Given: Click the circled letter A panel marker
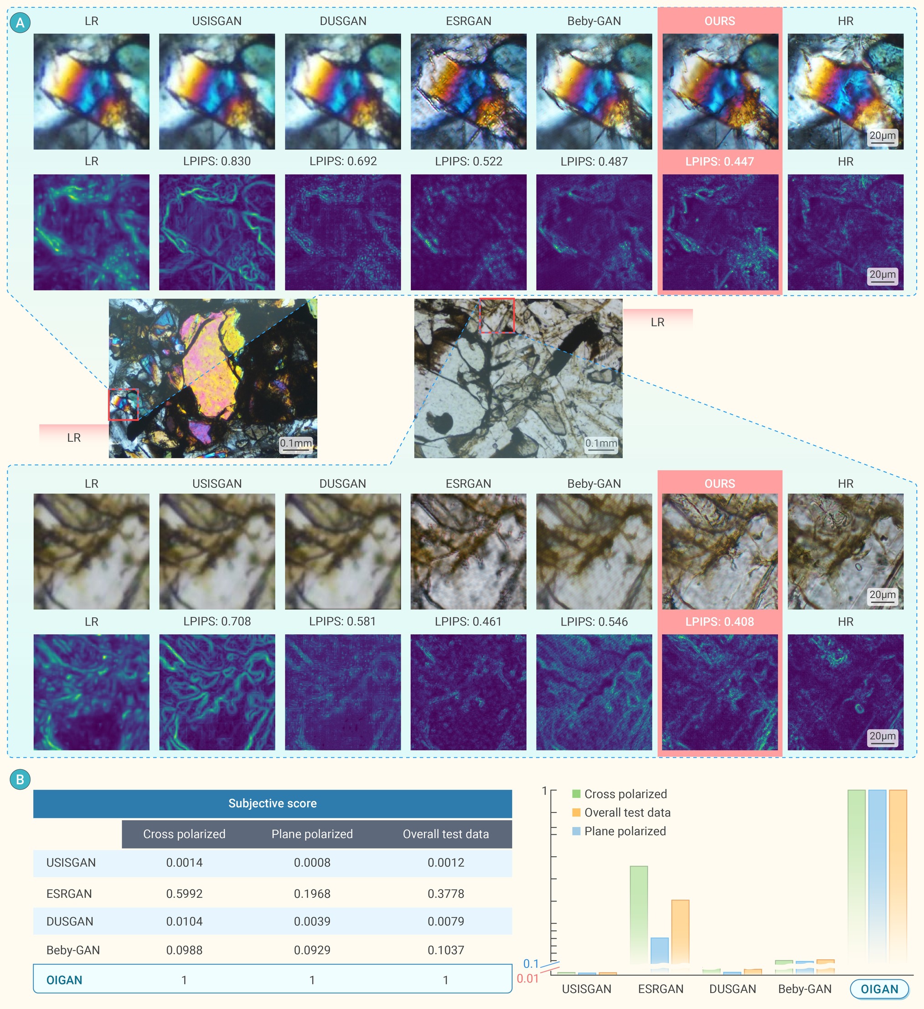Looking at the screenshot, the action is [x=20, y=22].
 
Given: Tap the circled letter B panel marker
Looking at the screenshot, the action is [x=20, y=779].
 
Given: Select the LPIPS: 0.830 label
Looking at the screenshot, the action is [x=217, y=161].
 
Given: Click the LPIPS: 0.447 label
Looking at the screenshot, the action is [x=719, y=161].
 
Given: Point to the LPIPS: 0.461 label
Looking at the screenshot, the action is [x=468, y=621].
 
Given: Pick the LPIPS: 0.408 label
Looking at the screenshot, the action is [x=719, y=621].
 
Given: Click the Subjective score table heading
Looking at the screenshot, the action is [x=273, y=803].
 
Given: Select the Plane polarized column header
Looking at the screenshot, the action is [x=312, y=834].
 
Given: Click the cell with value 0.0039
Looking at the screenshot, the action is [x=312, y=921].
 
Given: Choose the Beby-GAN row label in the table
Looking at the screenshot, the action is [x=73, y=950].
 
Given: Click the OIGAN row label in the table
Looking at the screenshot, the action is [x=64, y=980].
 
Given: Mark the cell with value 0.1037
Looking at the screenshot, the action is [x=446, y=950].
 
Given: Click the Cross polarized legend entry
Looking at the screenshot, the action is [x=620, y=794].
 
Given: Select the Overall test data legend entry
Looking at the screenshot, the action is [x=621, y=812].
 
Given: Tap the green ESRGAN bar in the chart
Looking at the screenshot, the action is [x=639, y=916].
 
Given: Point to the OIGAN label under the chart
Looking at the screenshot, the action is [x=879, y=989].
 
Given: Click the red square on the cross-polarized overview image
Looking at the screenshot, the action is [x=124, y=404].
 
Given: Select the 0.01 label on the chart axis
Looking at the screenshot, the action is [x=527, y=978].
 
